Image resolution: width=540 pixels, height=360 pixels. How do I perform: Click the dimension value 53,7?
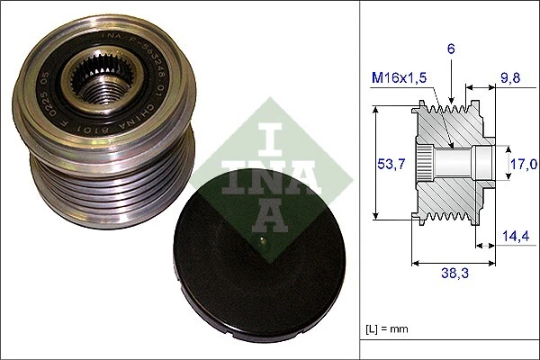pos(385,164)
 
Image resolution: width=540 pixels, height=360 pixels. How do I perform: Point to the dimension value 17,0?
pos(524,164)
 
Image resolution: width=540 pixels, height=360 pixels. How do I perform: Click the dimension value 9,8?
pos(511,78)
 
